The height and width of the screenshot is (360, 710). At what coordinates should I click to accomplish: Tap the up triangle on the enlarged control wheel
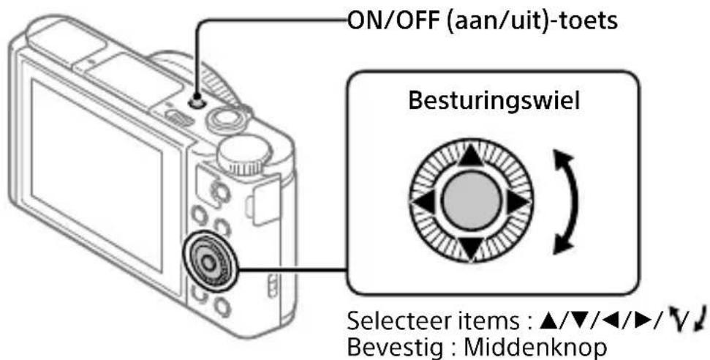470,156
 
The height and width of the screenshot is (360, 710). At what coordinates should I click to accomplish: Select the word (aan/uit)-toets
530,22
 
